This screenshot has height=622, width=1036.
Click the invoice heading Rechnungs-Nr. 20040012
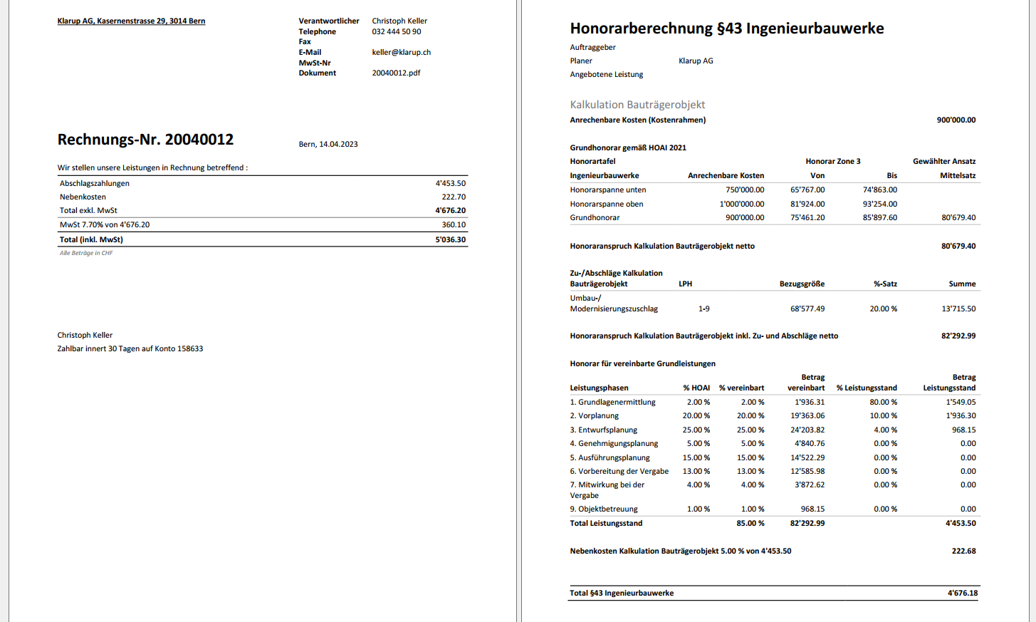pos(145,140)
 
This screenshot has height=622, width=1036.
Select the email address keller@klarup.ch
pos(401,52)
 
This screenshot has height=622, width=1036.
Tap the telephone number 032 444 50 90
pos(396,31)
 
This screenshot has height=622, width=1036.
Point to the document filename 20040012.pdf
pos(396,73)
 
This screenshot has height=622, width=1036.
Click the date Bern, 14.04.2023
pos(328,144)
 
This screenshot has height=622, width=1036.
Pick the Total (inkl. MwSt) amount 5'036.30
pos(450,239)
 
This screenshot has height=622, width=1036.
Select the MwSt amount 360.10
pos(454,224)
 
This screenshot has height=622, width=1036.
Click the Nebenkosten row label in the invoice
pos(83,197)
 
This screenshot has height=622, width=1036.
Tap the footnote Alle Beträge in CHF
pos(86,253)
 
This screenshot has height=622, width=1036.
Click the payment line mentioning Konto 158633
pos(130,348)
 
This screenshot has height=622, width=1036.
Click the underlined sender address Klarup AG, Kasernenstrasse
pos(131,21)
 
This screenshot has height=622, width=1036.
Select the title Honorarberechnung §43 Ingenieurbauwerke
pos(726,28)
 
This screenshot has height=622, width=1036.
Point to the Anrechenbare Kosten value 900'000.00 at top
pos(956,120)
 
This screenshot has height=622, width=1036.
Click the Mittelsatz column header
pos(958,175)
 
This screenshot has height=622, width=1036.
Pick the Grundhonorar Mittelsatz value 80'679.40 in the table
pos(958,217)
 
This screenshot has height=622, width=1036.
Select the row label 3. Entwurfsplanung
pos(603,430)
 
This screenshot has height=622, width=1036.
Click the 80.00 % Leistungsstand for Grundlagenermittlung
pos(883,402)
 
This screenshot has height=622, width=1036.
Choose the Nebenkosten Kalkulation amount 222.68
pos(963,551)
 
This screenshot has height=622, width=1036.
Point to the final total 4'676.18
pos(963,593)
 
